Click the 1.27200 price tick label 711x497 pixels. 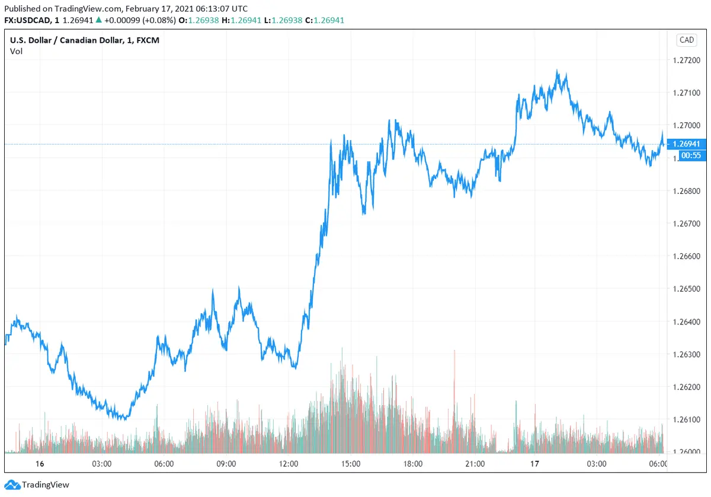click(x=687, y=60)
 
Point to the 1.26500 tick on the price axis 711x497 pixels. click(x=687, y=289)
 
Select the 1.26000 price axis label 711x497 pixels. click(x=687, y=453)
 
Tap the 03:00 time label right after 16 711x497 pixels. click(x=101, y=464)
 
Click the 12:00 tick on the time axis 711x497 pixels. click(x=289, y=464)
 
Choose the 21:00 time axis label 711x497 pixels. click(x=475, y=464)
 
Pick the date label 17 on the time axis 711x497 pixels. click(x=535, y=464)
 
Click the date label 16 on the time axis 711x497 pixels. click(x=40, y=464)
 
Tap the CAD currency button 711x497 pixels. click(x=687, y=40)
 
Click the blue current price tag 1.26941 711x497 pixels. click(x=687, y=144)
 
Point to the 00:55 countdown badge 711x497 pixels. click(x=687, y=155)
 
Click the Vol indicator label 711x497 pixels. click(x=16, y=51)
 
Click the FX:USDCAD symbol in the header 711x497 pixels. click(x=26, y=20)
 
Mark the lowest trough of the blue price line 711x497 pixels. click(x=123, y=420)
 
